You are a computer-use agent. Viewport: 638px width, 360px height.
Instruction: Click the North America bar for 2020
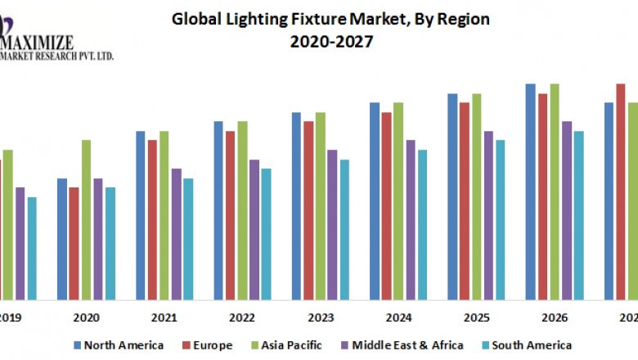(62, 238)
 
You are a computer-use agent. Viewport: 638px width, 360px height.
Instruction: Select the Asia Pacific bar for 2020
(86, 219)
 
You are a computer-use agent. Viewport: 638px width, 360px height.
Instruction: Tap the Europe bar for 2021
(152, 219)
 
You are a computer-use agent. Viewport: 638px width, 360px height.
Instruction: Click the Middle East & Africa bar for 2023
(332, 224)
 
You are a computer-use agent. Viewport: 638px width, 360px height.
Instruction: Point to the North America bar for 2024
(375, 200)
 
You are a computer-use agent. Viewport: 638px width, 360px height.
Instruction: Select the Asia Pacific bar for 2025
(476, 196)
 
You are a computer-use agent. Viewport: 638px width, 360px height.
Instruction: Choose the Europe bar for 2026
(542, 196)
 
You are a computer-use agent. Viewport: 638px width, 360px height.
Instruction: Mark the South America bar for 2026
(578, 214)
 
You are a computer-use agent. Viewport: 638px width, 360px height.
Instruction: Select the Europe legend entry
(213, 345)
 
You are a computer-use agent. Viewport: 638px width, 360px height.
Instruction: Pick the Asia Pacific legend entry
(290, 345)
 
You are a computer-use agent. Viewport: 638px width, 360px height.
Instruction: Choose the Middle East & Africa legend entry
(406, 345)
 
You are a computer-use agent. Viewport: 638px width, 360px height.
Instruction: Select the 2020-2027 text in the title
(330, 42)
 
